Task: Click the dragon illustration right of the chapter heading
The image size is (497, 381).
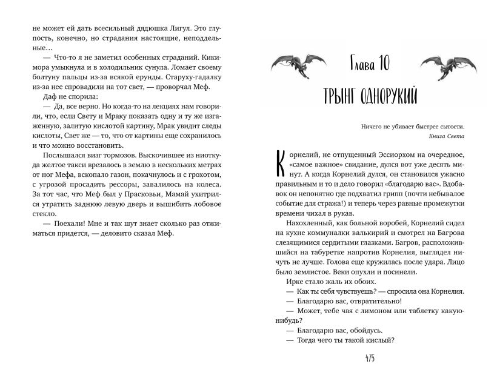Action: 442,63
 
